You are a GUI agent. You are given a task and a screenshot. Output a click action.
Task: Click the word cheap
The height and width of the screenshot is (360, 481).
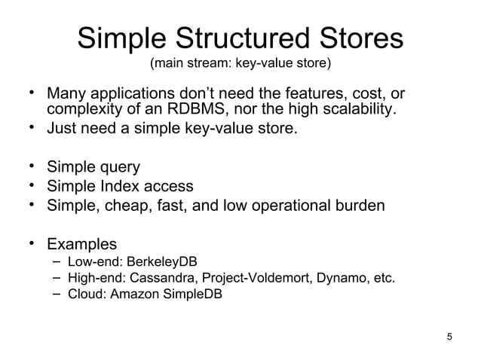125,206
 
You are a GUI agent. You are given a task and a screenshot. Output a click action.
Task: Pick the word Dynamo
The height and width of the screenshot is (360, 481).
334,278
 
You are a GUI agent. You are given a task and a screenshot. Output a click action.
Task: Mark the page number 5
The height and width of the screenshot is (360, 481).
450,336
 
